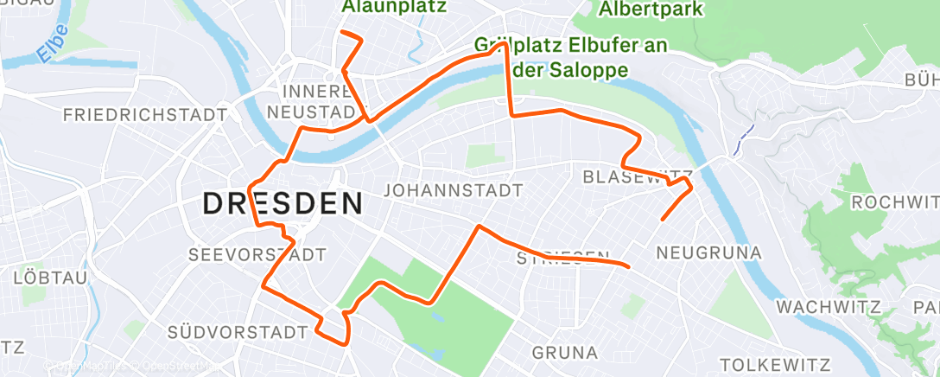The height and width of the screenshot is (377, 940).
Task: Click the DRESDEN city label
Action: pyautogui.click(x=282, y=204)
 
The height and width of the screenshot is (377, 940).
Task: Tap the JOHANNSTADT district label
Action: pyautogui.click(x=454, y=189)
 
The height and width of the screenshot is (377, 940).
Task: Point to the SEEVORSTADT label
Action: pyautogui.click(x=257, y=255)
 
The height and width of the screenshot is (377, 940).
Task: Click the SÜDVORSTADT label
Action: pyautogui.click(x=238, y=332)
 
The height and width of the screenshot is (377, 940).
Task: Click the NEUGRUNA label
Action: pyautogui.click(x=708, y=253)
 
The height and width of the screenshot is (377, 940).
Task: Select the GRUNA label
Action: pyautogui.click(x=565, y=353)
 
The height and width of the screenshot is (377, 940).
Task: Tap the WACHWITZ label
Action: pyautogui.click(x=828, y=307)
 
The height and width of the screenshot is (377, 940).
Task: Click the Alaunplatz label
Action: pyautogui.click(x=394, y=7)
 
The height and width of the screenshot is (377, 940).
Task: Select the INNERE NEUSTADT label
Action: pyautogui.click(x=311, y=101)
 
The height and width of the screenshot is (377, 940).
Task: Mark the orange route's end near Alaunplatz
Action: pyautogui.click(x=343, y=32)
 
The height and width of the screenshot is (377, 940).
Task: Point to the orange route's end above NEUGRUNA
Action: pyautogui.click(x=662, y=220)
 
